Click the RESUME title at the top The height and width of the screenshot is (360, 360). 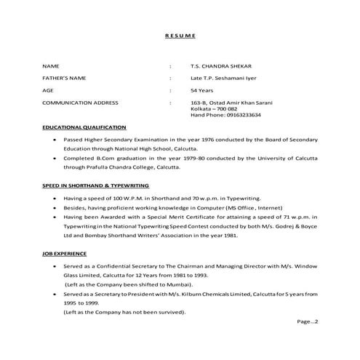[x=180, y=36]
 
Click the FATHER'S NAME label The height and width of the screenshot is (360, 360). [x=66, y=78]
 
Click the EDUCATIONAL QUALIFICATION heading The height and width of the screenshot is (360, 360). [x=84, y=127]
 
